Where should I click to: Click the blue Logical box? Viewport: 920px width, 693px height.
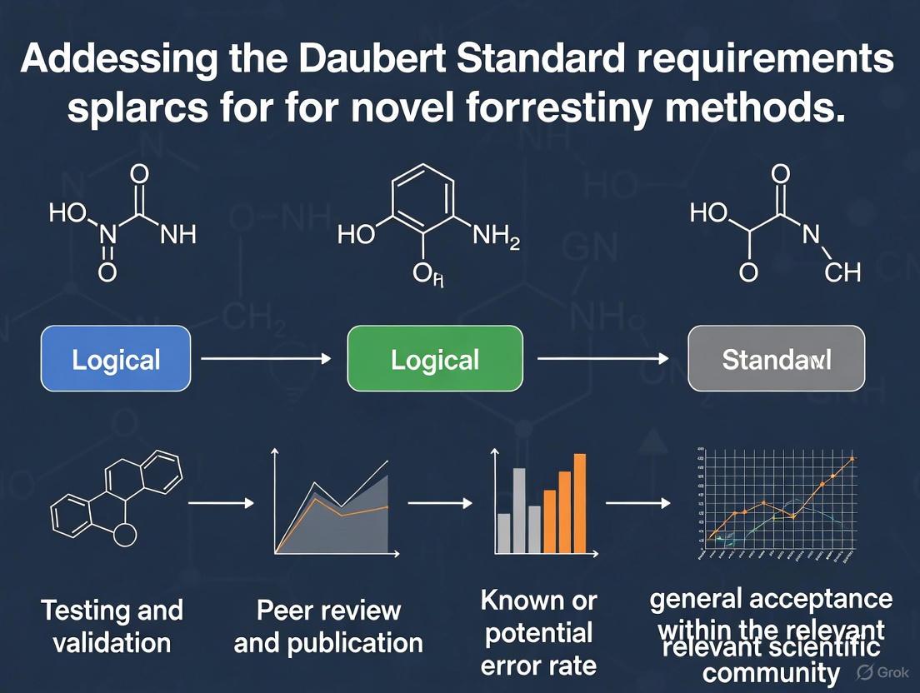click(116, 359)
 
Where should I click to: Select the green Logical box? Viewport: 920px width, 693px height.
click(434, 359)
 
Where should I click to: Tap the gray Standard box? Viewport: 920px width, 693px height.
click(776, 359)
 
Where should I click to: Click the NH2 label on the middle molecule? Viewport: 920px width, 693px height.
click(496, 238)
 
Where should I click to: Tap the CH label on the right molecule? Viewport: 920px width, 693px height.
click(842, 272)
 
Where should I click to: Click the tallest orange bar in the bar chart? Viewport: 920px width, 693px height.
click(580, 504)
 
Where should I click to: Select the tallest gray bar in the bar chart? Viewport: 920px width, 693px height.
click(518, 511)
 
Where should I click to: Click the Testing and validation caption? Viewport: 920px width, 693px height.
click(112, 626)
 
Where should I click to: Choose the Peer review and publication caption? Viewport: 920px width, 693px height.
click(328, 626)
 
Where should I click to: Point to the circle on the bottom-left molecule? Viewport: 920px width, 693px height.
click(124, 534)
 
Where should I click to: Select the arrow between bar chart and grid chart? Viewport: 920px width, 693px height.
click(638, 504)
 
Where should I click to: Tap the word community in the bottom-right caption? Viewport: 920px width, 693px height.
click(771, 673)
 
